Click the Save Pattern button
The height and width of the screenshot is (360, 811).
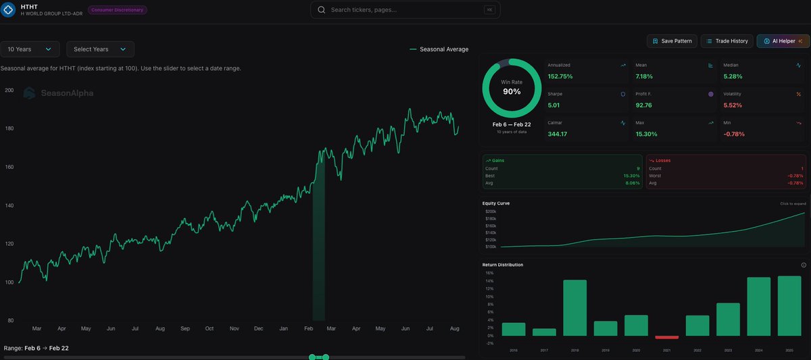672,41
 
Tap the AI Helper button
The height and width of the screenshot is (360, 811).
783,41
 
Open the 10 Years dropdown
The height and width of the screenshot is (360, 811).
30,49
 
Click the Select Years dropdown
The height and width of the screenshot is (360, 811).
100,49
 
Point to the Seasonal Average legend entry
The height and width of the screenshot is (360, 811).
439,49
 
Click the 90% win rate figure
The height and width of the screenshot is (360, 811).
512,91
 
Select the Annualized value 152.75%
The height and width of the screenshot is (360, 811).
560,76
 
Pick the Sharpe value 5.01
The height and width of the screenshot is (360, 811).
556,105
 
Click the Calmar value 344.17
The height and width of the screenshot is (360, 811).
558,134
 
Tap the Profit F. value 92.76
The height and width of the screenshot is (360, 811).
644,105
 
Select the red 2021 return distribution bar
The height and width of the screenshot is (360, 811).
667,337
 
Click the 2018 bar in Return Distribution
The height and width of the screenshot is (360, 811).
574,308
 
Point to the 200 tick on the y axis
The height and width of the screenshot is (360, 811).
9,90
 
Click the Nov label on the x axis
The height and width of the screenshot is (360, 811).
234,328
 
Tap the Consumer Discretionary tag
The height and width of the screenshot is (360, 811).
118,10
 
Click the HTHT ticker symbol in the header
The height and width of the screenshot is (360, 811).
30,5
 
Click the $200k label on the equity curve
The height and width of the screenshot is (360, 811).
491,211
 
